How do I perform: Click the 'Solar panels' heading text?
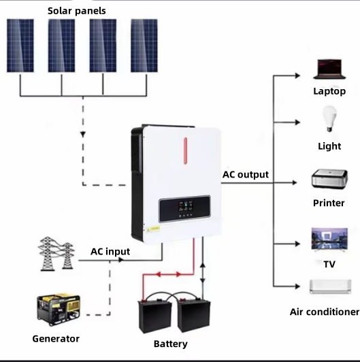[x=77, y=11]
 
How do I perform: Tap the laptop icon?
[x=329, y=69]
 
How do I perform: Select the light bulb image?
[x=329, y=119]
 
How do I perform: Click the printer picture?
[x=329, y=179]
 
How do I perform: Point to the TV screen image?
[x=329, y=240]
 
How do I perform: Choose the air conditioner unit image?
[x=331, y=286]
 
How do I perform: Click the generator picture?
[x=59, y=310]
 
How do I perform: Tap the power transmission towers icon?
[x=56, y=254]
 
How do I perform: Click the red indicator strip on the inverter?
[x=185, y=151]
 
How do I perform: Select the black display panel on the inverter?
[x=184, y=209]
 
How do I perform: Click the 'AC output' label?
[x=246, y=175]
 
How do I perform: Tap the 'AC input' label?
[x=110, y=252]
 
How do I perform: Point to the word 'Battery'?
[x=171, y=344]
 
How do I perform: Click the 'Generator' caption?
[x=56, y=339]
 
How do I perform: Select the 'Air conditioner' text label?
[x=325, y=312]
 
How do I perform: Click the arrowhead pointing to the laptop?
[x=297, y=76]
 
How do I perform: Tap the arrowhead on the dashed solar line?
[x=83, y=134]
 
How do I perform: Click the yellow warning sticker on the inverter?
[x=153, y=229]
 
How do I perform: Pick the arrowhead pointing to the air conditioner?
[x=297, y=286]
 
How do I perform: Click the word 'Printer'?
[x=329, y=203]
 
